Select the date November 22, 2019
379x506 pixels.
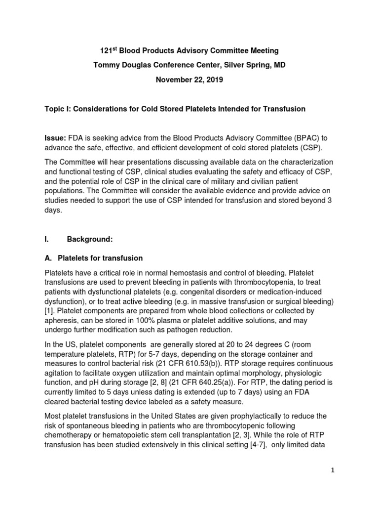[189, 80]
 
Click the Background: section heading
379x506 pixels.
[90, 240]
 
